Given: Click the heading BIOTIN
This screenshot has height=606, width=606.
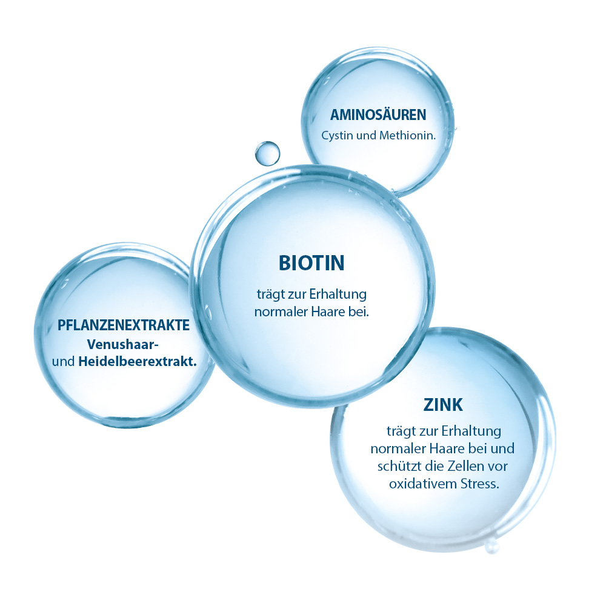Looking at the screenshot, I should [x=311, y=263].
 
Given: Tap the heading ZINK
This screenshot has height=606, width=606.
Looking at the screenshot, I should [x=444, y=405].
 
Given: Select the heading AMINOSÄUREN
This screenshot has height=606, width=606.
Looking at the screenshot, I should [x=378, y=115].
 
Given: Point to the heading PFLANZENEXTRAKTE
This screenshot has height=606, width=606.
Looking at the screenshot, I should [x=124, y=325].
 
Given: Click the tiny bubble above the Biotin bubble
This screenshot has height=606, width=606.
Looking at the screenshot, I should [x=267, y=153].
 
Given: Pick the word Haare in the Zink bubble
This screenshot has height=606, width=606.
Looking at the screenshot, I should [x=455, y=449].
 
